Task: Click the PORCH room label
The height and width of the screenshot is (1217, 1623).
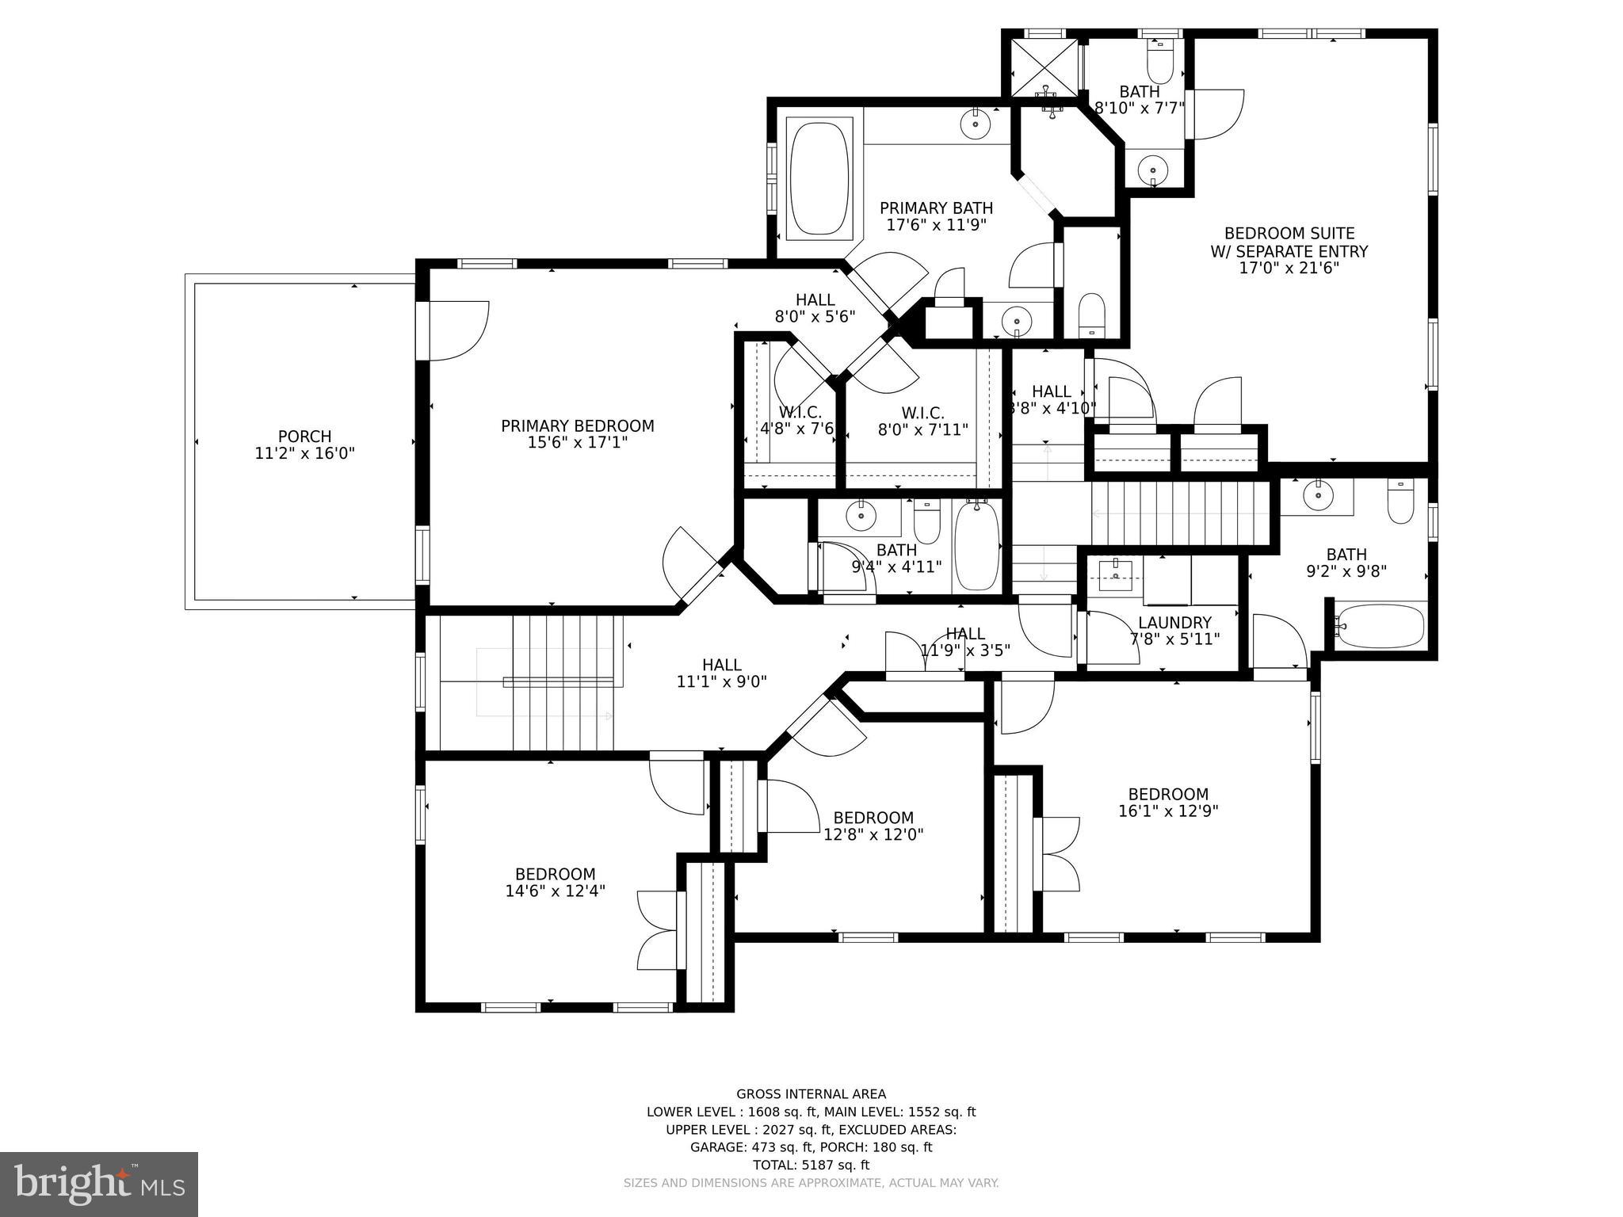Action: [304, 437]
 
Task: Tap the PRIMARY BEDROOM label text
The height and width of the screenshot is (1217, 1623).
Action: [577, 426]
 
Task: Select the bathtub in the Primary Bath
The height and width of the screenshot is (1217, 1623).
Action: [819, 178]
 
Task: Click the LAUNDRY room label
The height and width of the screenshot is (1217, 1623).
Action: [1174, 623]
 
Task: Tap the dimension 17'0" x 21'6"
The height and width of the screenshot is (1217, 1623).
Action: [1289, 269]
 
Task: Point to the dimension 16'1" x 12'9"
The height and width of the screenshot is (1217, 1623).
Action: [1168, 811]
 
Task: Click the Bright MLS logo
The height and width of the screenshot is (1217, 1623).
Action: [98, 1184]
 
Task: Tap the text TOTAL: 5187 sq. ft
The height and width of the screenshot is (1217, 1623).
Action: [811, 1165]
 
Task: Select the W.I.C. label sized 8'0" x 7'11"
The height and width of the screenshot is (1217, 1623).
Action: [922, 413]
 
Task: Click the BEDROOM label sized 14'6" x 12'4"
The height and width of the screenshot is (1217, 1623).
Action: [555, 874]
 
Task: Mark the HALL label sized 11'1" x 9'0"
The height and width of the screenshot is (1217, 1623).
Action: [721, 665]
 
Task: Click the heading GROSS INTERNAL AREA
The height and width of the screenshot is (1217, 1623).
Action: [811, 1094]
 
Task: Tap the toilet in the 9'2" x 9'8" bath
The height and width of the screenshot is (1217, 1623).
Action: [1400, 502]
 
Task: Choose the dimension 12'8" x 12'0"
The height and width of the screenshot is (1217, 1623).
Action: [873, 834]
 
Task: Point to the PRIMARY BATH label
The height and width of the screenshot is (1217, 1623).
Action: [936, 208]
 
